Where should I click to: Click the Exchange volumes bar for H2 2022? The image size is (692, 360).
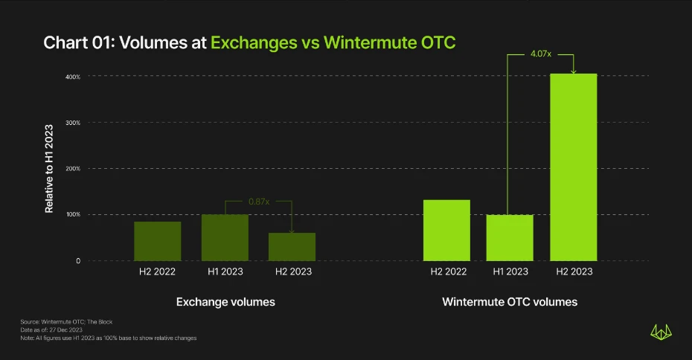[158, 241]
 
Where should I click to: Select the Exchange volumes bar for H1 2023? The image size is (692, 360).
[225, 237]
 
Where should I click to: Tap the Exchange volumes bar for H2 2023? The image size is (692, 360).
[292, 246]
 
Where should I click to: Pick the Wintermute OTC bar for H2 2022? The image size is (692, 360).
[446, 230]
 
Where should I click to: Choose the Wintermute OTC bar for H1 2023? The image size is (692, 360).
[510, 237]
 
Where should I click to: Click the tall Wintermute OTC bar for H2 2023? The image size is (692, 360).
[574, 167]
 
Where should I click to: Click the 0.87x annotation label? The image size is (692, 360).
[257, 202]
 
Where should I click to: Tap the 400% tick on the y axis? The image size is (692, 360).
[72, 77]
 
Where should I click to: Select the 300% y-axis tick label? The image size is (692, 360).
[72, 123]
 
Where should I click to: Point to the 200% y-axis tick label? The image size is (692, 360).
[72, 169]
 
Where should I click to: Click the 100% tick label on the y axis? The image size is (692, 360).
[72, 215]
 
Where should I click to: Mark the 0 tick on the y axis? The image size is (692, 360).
[77, 261]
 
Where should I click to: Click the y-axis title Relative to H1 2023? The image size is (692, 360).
[49, 168]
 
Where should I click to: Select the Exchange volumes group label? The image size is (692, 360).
[225, 302]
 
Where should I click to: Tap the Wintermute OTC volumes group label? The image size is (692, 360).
[510, 302]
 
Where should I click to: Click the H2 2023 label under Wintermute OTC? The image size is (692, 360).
[574, 271]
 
